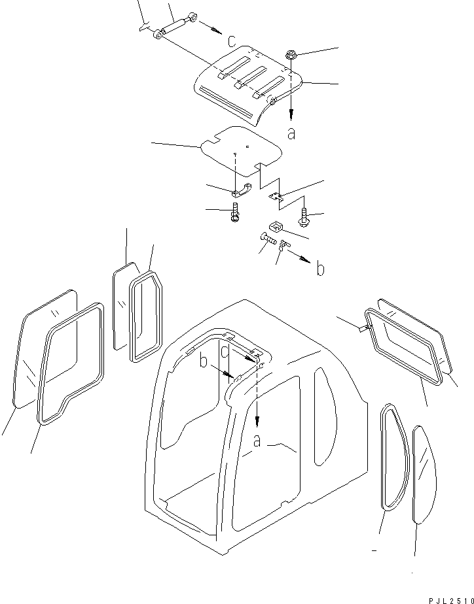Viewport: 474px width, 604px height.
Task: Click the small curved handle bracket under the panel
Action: click(241, 190)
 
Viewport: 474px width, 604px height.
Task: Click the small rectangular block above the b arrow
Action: click(276, 227)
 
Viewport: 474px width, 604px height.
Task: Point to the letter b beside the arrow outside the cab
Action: click(320, 269)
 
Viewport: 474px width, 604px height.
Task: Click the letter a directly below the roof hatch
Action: click(291, 133)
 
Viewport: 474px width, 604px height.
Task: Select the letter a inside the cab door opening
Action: click(257, 443)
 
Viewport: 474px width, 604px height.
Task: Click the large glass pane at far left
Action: click(43, 346)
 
